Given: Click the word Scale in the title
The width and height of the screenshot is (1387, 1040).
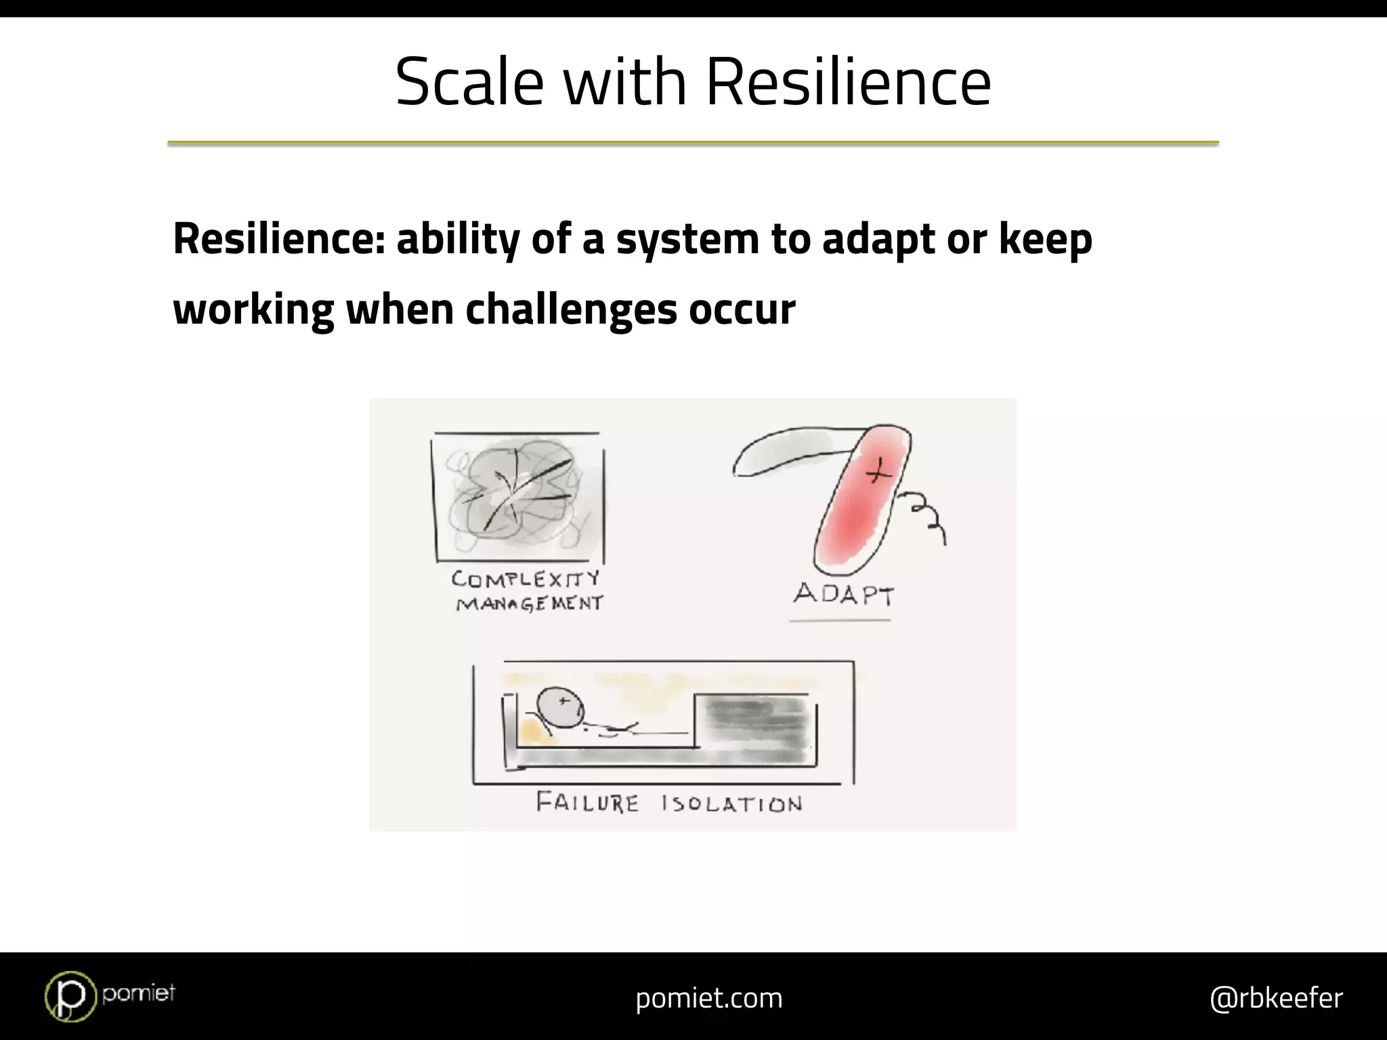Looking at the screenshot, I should click(x=469, y=82).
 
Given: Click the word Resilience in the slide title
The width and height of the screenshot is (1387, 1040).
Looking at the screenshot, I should click(x=849, y=82).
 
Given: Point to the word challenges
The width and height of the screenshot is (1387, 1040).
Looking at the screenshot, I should click(x=571, y=309).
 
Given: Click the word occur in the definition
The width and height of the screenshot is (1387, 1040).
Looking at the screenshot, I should click(x=742, y=310).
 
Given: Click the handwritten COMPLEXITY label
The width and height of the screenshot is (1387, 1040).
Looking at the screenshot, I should click(x=526, y=579).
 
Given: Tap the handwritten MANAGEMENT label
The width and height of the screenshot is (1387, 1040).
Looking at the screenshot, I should click(x=529, y=603).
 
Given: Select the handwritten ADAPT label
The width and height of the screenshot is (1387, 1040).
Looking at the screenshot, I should click(x=844, y=594).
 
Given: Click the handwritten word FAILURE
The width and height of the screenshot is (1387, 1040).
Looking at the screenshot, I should click(x=587, y=803).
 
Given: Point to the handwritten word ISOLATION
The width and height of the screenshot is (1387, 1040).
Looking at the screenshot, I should click(x=732, y=804).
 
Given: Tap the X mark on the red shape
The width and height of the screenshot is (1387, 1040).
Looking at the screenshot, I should click(x=878, y=469).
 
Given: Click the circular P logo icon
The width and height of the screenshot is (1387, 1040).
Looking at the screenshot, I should click(x=70, y=996).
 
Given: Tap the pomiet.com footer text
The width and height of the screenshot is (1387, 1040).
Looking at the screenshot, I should click(x=708, y=998).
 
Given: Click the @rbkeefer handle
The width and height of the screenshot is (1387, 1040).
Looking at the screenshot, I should click(x=1276, y=998).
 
